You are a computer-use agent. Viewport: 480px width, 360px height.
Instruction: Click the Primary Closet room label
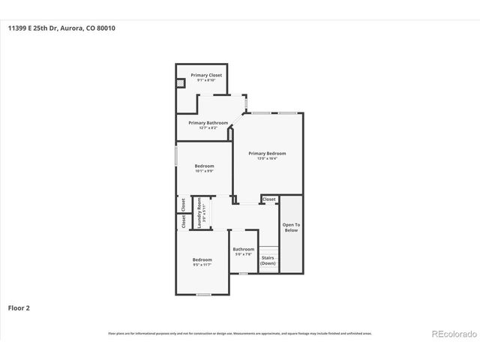pos(205,75)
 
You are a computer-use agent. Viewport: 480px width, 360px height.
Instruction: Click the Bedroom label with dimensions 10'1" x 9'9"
pos(204,166)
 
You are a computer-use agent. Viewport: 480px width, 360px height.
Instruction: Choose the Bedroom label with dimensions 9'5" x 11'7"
pos(202,259)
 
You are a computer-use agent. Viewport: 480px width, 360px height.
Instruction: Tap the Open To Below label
pos(291,227)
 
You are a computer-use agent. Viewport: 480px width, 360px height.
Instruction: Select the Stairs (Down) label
pos(268,261)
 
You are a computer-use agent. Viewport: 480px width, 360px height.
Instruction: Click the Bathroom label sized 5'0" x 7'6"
pos(243,249)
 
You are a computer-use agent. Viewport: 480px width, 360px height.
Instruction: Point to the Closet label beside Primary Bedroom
pos(269,199)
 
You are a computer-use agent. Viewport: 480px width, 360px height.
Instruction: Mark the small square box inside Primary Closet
pos(181,82)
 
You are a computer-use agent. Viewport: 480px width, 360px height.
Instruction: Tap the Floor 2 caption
pos(19,307)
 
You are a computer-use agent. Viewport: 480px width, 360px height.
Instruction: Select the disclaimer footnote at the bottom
pos(239,333)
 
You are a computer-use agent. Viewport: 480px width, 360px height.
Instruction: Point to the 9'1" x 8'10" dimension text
pos(205,80)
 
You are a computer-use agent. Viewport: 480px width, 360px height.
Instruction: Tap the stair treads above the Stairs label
pos(268,249)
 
